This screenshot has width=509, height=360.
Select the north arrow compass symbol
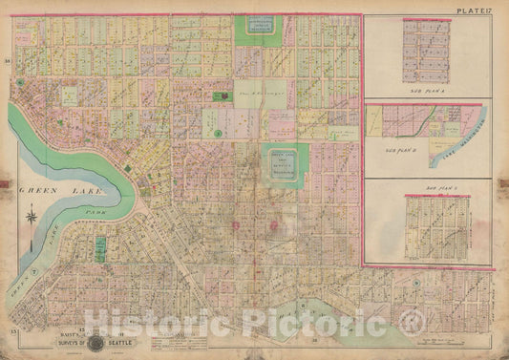click(x=32, y=217)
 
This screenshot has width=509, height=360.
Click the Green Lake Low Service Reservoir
click(x=284, y=162)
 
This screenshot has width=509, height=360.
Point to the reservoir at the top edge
click(x=254, y=29)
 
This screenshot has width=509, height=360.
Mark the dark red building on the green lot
click(x=224, y=95)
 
